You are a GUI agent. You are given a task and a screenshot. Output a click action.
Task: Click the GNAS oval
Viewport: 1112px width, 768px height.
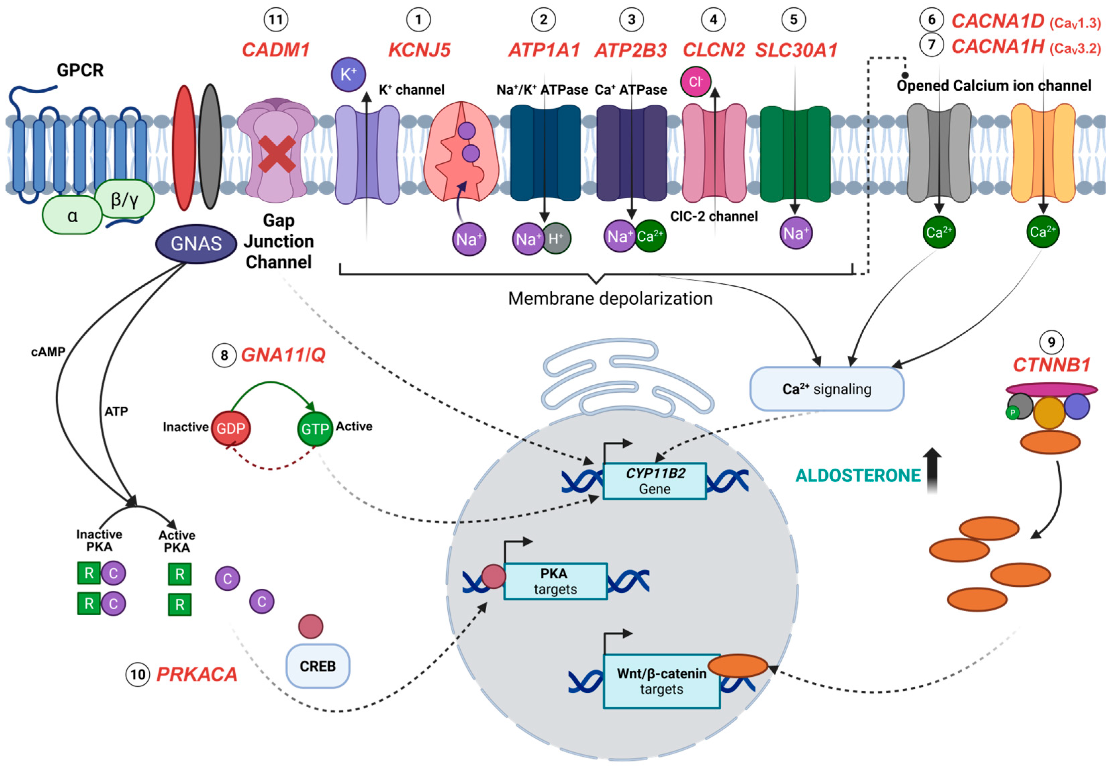[196, 244]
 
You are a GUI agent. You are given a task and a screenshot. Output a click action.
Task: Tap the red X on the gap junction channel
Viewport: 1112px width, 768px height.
[277, 154]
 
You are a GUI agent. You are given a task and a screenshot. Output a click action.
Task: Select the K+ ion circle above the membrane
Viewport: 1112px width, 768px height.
[348, 74]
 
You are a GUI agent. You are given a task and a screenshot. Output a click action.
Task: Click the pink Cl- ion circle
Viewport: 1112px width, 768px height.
[695, 82]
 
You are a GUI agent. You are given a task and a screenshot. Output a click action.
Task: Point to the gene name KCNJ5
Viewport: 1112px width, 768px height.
[419, 50]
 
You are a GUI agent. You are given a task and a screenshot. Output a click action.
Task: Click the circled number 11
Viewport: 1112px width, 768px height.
[276, 20]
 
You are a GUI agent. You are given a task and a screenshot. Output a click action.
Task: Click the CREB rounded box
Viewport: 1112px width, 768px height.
[318, 666]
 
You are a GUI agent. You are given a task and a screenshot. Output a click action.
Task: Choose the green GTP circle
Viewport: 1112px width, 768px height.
[315, 428]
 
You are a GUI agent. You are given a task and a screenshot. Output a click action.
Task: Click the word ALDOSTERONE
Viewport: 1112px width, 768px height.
[858, 475]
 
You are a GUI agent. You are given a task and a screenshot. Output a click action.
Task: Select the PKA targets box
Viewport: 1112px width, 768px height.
[555, 581]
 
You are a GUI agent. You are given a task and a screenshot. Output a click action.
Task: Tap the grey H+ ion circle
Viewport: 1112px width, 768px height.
[557, 238]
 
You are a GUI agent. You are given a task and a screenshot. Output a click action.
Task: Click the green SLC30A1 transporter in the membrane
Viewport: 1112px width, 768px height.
[794, 154]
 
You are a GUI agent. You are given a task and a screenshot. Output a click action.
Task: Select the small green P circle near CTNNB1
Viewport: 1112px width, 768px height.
[1012, 413]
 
